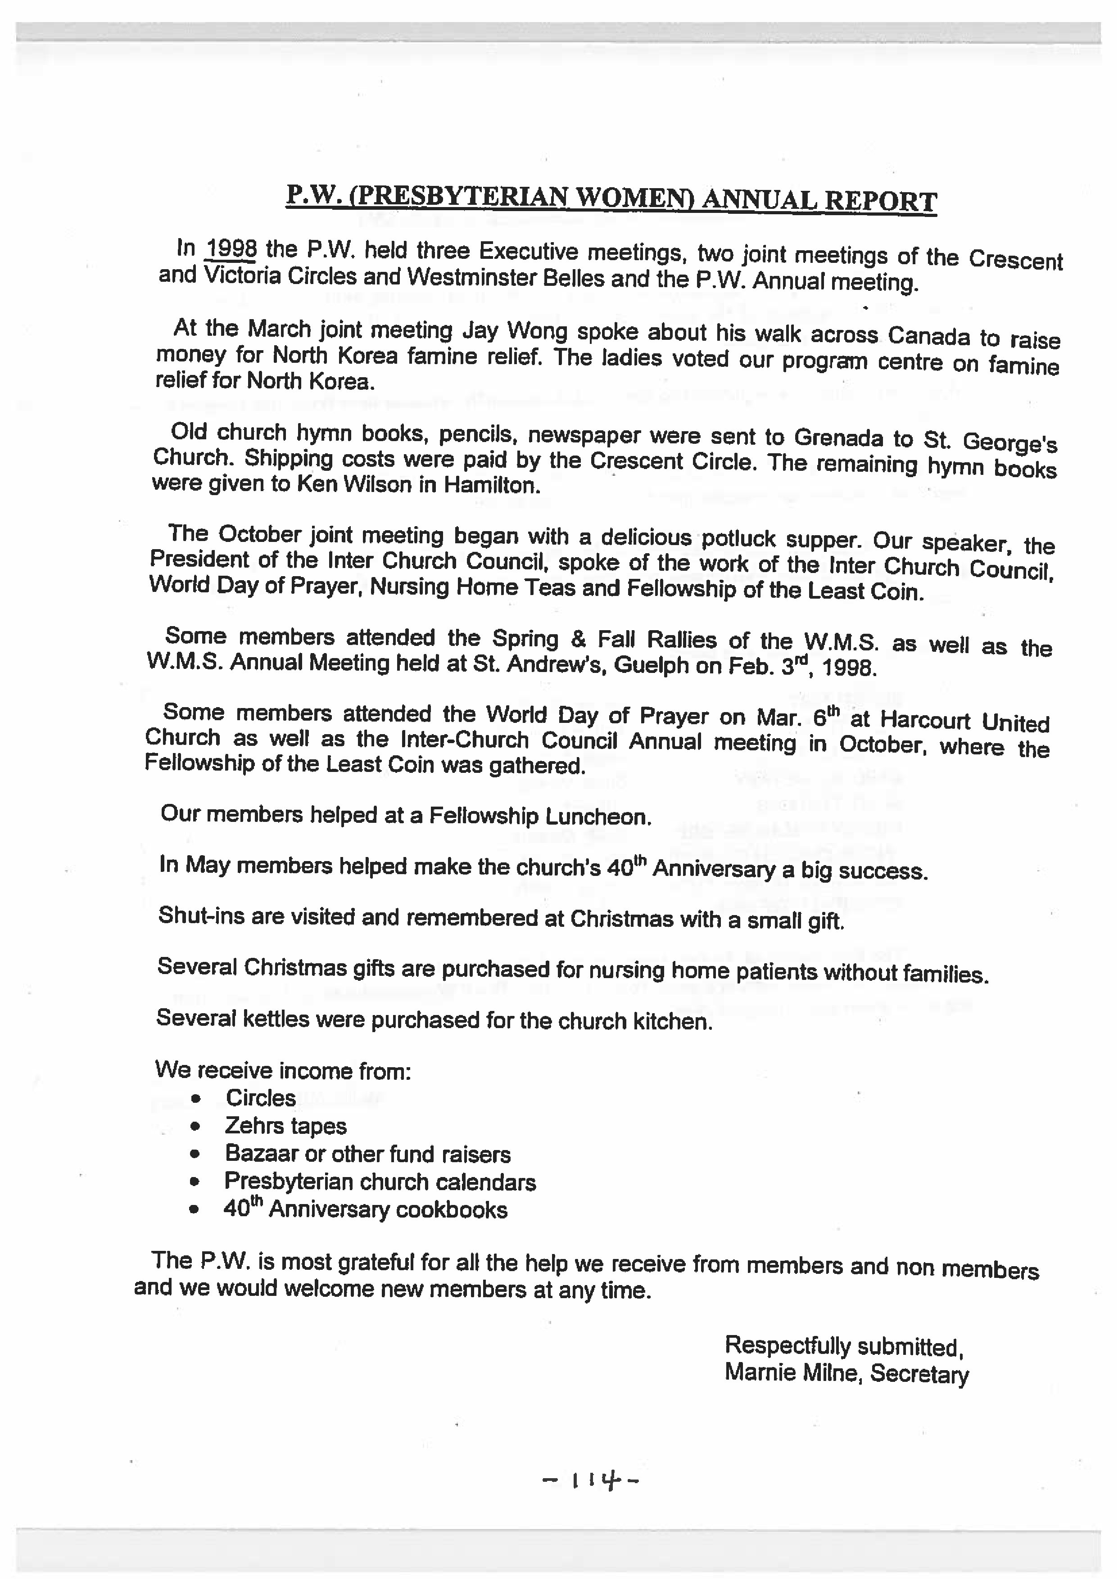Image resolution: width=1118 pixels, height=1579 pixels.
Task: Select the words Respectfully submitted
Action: pos(843,1345)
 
